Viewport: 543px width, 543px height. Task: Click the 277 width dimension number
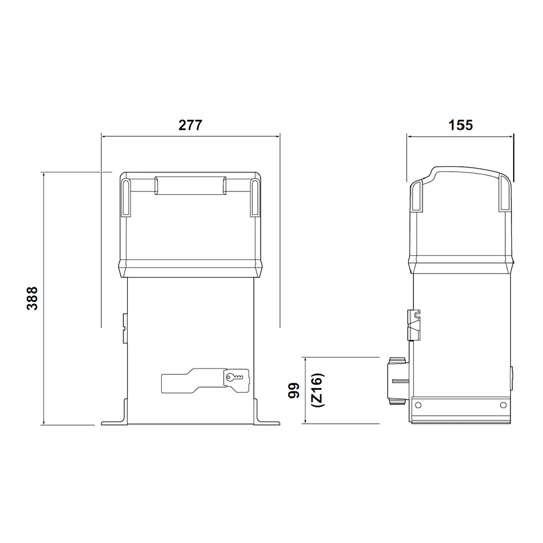point(190,125)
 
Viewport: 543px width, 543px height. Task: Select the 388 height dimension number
point(32,298)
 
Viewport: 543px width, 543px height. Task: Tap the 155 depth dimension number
point(460,125)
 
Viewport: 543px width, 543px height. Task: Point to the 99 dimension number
point(294,390)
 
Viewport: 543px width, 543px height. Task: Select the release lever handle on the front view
point(205,381)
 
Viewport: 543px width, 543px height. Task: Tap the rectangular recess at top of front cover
point(190,186)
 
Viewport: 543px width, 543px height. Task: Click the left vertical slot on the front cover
point(126,198)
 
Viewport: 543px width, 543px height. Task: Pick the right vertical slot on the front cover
point(255,198)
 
